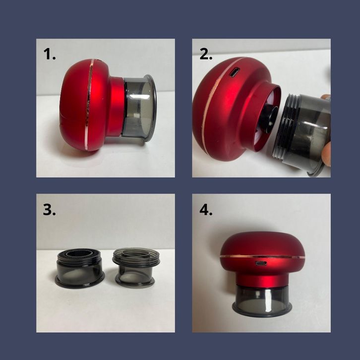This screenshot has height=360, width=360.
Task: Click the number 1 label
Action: (50, 55)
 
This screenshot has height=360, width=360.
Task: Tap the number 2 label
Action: (206, 55)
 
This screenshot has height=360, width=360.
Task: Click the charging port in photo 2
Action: (234, 73)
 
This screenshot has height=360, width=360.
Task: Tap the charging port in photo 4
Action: (261, 263)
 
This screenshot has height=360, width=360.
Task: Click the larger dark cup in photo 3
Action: (80, 268)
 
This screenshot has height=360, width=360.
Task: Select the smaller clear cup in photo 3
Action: (136, 267)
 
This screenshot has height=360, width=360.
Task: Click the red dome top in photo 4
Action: (262, 244)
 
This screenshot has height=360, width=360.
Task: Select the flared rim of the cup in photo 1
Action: (152, 108)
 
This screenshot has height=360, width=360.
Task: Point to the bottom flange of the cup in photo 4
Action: (262, 310)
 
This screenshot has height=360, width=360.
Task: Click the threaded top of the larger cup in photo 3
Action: (80, 257)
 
